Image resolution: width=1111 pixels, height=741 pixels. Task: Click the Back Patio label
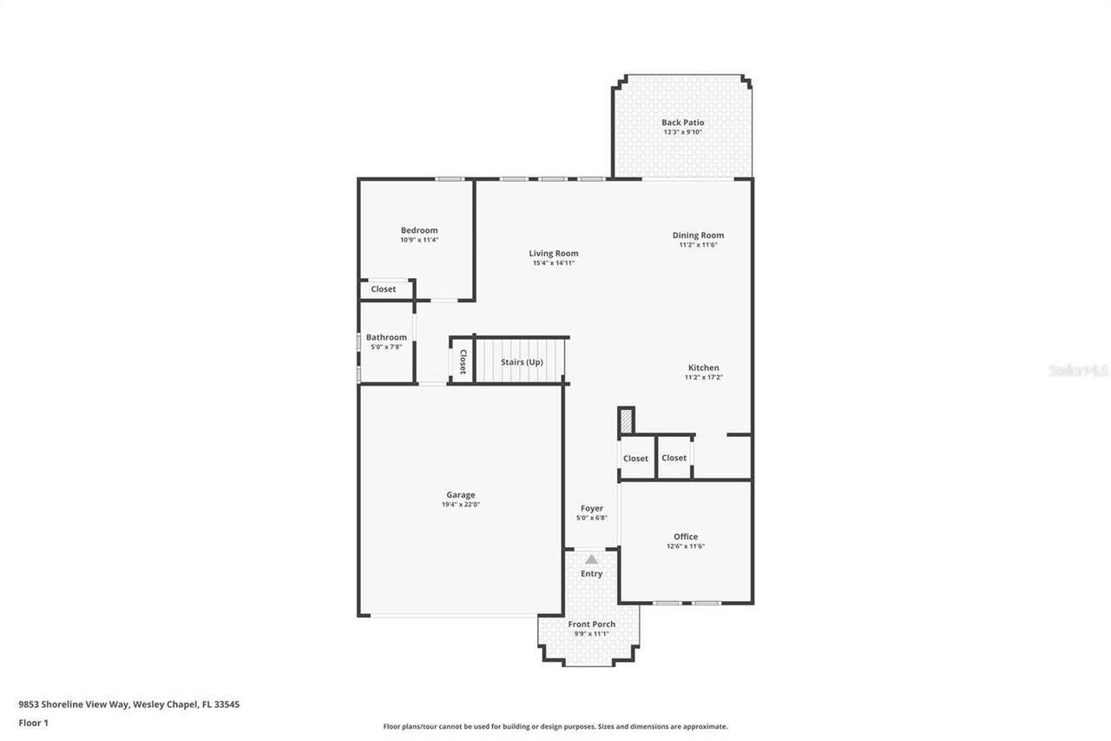tap(682, 122)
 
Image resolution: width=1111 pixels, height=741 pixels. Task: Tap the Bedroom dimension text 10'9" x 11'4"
tap(419, 240)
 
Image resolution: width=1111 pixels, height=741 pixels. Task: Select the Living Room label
tap(554, 254)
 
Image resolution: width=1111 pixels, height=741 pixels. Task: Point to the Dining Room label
tap(698, 235)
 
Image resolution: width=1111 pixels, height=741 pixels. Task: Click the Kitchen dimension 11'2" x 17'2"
tap(703, 377)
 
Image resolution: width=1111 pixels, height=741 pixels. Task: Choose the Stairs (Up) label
tap(522, 361)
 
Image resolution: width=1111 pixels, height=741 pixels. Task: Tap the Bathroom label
tap(386, 337)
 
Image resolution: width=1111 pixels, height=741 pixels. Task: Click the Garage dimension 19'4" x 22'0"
tap(460, 504)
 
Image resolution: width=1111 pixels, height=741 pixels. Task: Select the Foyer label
tap(592, 508)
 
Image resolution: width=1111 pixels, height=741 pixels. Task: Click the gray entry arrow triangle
tap(591, 559)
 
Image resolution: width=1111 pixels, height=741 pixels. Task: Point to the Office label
tap(686, 537)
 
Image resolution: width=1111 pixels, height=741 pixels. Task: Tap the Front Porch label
tap(592, 624)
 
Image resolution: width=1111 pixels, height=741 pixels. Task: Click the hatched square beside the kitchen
tap(626, 421)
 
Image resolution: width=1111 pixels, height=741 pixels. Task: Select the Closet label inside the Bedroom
tap(383, 289)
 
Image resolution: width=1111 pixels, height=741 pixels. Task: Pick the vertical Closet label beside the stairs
tap(463, 361)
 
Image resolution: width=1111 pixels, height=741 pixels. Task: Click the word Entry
tap(591, 573)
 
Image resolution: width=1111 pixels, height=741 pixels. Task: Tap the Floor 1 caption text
tap(34, 722)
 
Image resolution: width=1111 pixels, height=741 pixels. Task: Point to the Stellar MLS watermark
tap(1079, 370)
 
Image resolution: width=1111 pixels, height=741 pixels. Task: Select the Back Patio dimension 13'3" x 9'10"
tap(682, 132)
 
